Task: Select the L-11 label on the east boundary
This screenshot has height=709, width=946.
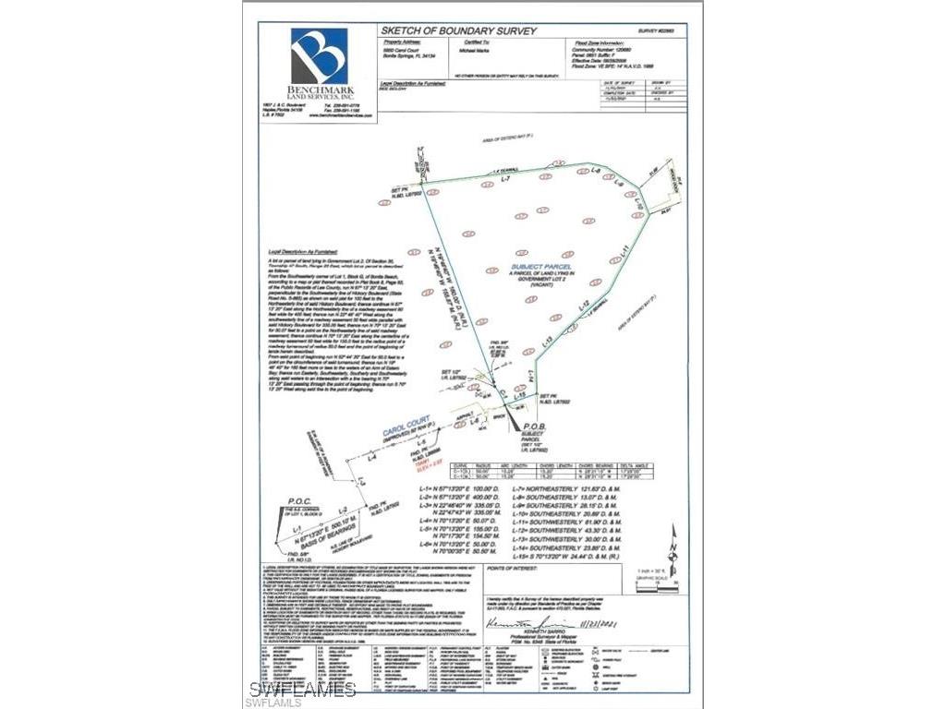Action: (x=625, y=248)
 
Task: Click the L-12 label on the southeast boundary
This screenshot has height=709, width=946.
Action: (x=583, y=304)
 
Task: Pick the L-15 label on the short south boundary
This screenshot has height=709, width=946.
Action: (x=520, y=395)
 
